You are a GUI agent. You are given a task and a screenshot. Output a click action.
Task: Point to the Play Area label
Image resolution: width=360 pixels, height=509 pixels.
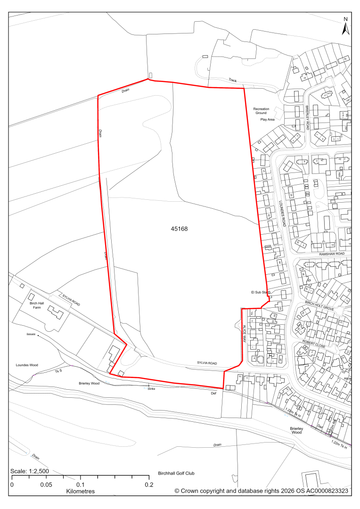tap(267, 120)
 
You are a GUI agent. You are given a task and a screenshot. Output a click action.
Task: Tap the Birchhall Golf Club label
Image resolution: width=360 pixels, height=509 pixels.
tap(177, 473)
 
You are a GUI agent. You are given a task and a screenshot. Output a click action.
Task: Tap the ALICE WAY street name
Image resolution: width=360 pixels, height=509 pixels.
tap(245, 333)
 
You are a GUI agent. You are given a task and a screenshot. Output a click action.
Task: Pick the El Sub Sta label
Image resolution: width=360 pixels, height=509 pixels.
tap(261, 293)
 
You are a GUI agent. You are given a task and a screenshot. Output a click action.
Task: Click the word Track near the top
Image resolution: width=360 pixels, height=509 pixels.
tap(233, 80)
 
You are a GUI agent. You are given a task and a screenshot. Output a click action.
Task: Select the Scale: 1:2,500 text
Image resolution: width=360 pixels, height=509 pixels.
tap(30, 471)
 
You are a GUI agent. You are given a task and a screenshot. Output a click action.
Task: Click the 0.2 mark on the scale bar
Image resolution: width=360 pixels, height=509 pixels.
tap(149, 484)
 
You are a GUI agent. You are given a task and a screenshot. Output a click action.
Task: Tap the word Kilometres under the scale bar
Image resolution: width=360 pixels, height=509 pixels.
tap(80, 491)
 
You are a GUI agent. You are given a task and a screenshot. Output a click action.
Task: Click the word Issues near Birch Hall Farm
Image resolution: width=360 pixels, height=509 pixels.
tap(31, 334)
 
